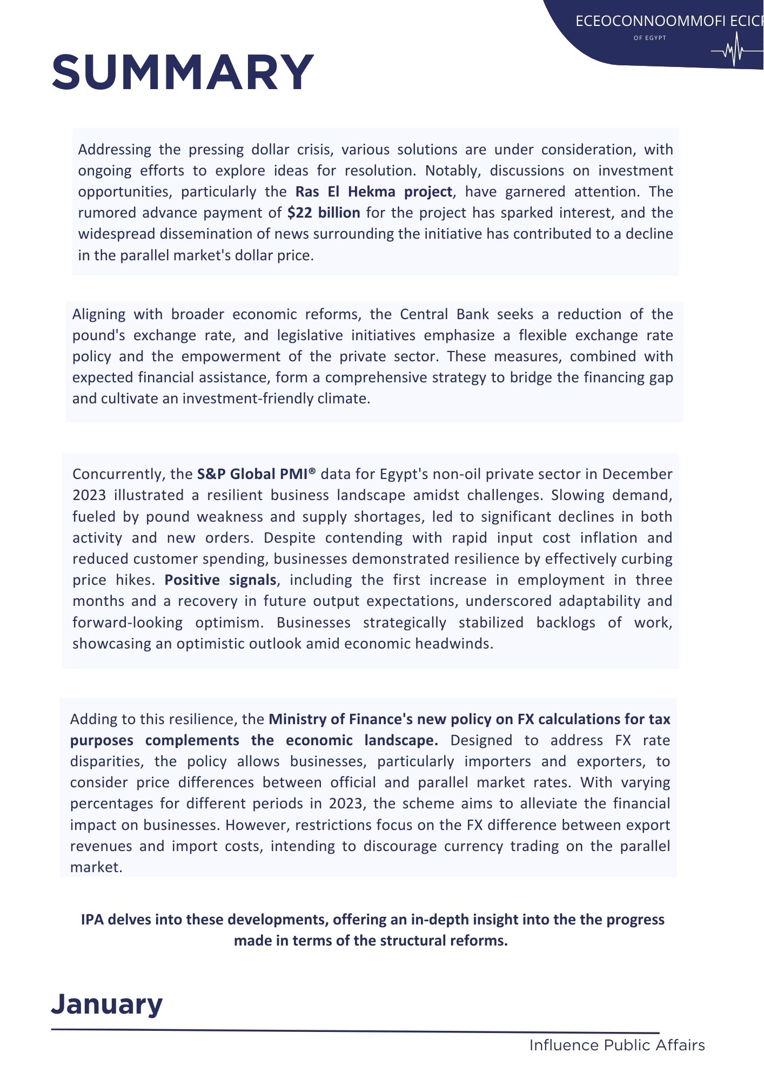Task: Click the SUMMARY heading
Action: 183,72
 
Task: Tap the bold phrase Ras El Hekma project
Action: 373,192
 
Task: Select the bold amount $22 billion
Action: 324,213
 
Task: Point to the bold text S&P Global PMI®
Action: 256,474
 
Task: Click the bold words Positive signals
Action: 220,580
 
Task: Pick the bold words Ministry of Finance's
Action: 340,719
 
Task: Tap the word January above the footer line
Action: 107,1004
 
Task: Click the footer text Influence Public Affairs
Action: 617,1045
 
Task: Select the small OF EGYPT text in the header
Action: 649,38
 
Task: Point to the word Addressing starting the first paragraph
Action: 115,150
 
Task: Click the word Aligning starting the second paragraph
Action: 99,314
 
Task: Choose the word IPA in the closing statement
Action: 92,920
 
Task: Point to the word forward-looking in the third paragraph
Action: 128,623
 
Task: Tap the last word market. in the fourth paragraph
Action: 96,867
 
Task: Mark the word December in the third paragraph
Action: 637,474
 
